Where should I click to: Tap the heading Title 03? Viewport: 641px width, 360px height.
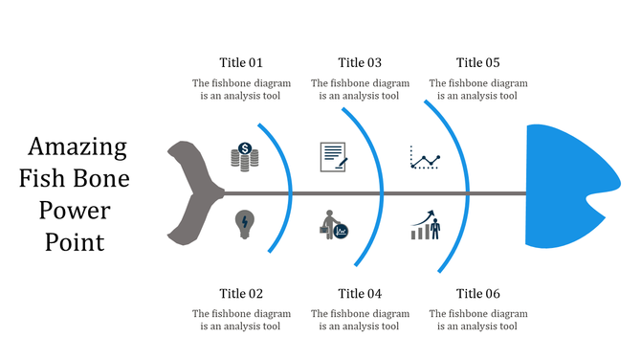point(360,63)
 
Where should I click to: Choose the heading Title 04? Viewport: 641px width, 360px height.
point(360,293)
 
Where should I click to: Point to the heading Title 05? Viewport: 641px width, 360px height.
point(478,63)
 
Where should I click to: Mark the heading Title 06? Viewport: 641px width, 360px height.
point(478,293)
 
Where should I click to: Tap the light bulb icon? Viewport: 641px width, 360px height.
point(245,225)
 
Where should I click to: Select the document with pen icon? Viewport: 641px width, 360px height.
point(333,155)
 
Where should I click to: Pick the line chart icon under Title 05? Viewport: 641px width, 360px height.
point(426,157)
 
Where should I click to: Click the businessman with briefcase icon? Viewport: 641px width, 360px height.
point(334,225)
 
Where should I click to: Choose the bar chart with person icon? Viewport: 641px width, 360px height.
point(426,225)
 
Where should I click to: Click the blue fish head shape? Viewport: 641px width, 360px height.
point(564,187)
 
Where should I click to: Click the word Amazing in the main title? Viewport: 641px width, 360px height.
point(77,147)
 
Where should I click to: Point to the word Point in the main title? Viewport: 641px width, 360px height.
point(75,242)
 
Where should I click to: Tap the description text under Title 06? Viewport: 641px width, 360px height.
point(478,320)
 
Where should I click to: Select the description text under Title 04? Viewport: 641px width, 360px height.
point(360,320)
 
